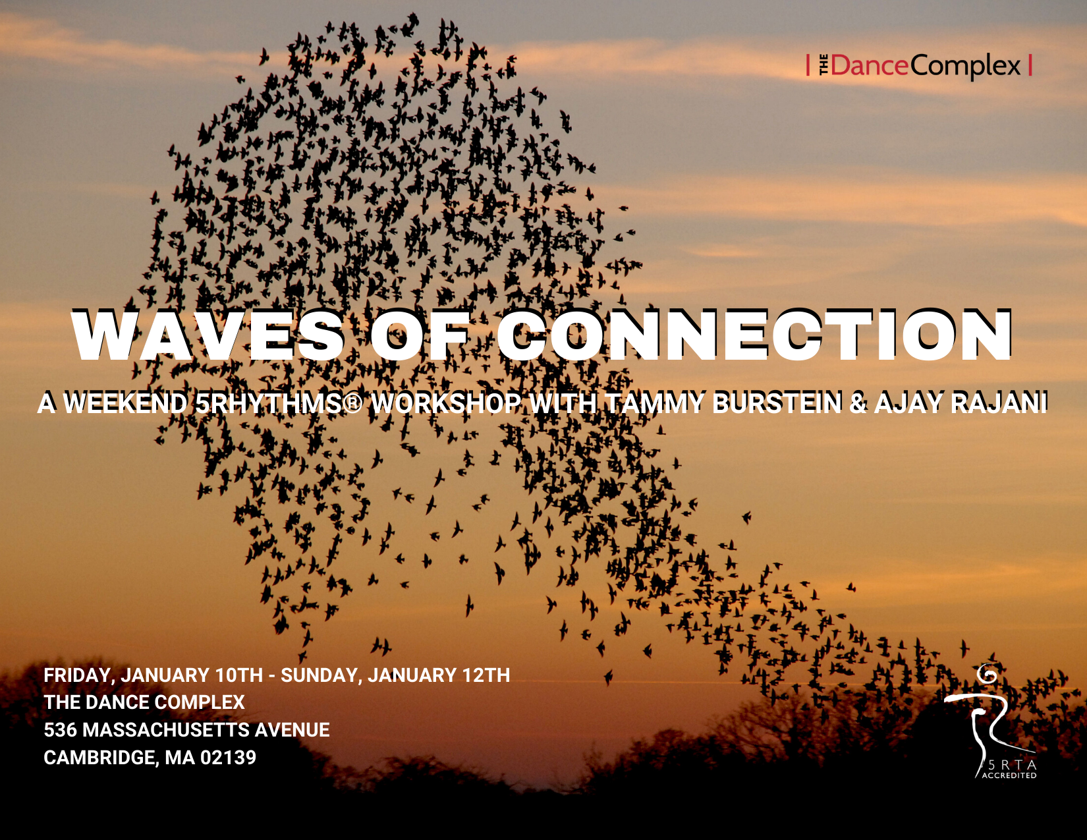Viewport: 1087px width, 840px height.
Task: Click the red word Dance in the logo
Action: tap(870, 65)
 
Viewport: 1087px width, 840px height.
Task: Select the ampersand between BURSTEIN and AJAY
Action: tap(858, 403)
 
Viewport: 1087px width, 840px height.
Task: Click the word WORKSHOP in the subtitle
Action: tap(445, 403)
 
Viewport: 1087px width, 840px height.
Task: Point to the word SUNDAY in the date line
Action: tap(321, 675)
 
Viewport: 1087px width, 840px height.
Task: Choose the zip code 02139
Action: tap(228, 758)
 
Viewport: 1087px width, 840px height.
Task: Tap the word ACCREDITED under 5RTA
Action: tap(1009, 775)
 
